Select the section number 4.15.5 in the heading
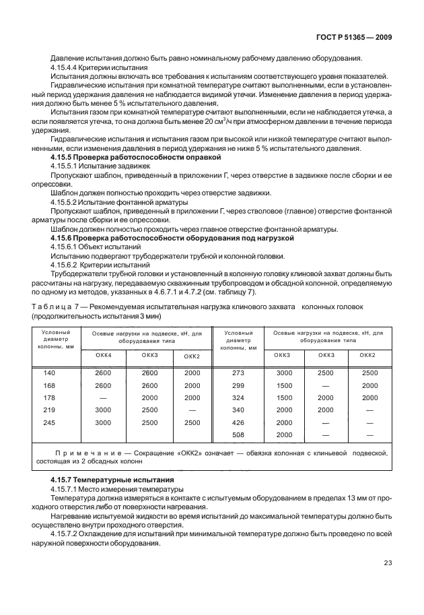pos(65,156)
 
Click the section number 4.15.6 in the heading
pos(65,238)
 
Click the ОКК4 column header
pos(104,355)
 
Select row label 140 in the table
pos(50,373)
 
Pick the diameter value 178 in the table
pos(50,397)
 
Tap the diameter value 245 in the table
pos(50,422)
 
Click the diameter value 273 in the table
pos(238,373)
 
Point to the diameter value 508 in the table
pos(238,434)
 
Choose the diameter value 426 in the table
pos(238,422)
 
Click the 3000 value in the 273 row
pos(285,373)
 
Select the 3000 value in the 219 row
pos(104,410)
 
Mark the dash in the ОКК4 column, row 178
pos(104,397)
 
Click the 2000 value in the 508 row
pos(285,434)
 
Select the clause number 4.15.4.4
pos(67,68)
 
